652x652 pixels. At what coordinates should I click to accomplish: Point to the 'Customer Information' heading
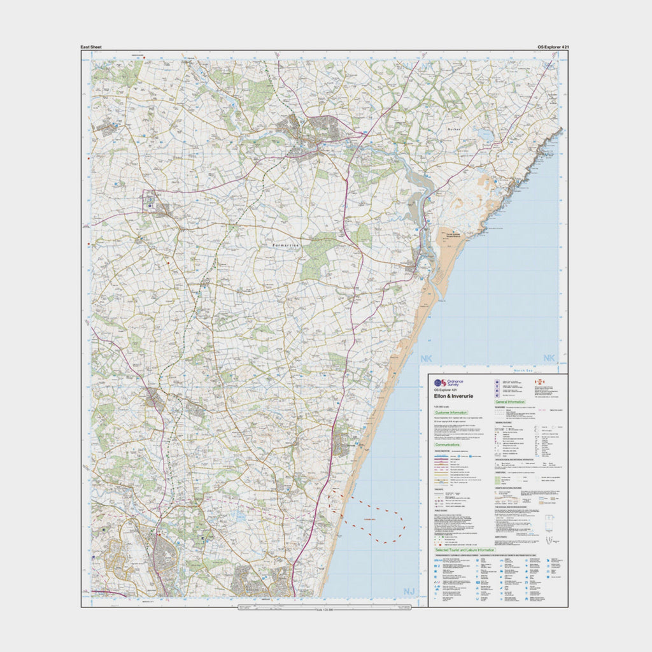[x=451, y=413]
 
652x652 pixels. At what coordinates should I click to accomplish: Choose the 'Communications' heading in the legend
[x=450, y=445]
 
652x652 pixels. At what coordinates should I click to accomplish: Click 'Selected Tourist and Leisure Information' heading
[x=465, y=549]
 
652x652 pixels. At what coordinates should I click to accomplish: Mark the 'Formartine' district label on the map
[x=280, y=245]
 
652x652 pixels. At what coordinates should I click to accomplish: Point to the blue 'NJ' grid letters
[x=409, y=592]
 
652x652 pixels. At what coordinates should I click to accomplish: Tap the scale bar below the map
[x=324, y=609]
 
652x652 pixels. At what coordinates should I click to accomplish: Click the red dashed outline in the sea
[x=375, y=520]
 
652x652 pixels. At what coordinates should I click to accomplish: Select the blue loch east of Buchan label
[x=486, y=135]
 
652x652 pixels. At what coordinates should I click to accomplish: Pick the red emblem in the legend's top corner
[x=539, y=383]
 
